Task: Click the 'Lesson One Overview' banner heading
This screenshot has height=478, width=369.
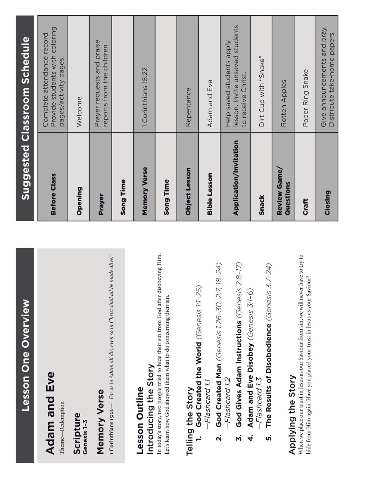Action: tap(25, 355)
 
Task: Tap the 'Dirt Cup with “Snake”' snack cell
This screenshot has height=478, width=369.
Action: tap(262, 92)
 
